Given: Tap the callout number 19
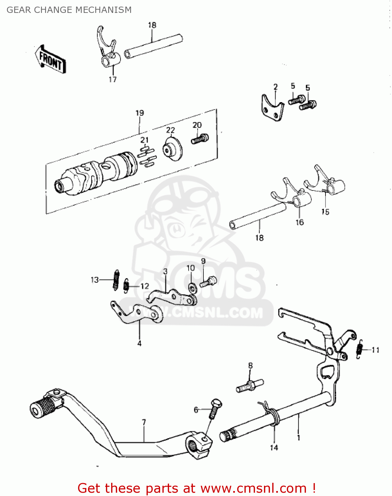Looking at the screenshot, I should coord(140,113).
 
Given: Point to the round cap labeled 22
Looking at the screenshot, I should coord(173,149).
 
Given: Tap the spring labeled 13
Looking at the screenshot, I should coord(116,280).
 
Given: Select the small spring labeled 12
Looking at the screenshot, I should coord(126,286).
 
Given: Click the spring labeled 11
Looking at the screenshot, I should coord(360,350).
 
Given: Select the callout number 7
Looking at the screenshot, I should coord(144,423).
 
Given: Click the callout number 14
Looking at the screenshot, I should coord(274,448).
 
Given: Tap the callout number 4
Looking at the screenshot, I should coord(139,344).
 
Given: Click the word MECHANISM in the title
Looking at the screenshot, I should coord(106,10).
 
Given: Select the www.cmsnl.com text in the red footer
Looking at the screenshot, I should coord(253,488).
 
